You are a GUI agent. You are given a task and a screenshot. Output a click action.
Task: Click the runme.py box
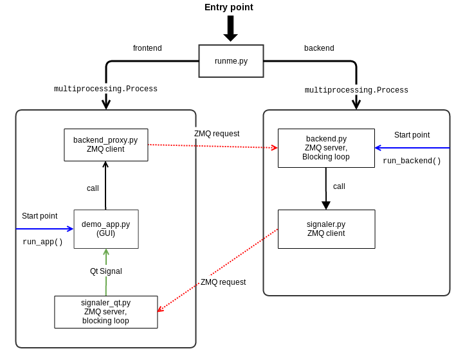[x=231, y=61]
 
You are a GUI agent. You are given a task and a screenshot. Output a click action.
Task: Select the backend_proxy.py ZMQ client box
[x=105, y=145]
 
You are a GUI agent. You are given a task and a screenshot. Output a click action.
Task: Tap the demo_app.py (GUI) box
[x=105, y=229]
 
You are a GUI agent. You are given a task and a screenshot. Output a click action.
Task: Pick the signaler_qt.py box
[x=105, y=312]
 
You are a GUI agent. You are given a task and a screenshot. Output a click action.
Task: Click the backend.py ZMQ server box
[x=326, y=148]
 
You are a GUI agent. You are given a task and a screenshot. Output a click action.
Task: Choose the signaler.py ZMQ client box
[x=326, y=229]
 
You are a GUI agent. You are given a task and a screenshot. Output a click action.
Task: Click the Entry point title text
[x=228, y=7]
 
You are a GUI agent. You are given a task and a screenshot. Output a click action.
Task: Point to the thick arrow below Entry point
[x=230, y=28]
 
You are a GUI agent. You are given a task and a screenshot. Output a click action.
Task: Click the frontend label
[x=147, y=48]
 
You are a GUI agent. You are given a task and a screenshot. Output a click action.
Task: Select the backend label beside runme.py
[x=319, y=48]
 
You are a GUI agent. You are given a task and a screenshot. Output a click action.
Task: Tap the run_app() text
[x=42, y=242]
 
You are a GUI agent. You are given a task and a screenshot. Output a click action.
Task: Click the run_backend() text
[x=412, y=161]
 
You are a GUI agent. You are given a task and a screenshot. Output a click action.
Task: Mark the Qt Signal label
[x=105, y=271]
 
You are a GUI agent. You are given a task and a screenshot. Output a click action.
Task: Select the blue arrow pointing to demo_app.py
[x=45, y=228]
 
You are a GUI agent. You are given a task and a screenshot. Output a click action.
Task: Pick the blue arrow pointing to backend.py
[x=412, y=148]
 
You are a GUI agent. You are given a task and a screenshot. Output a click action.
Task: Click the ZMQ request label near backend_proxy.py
[x=217, y=134]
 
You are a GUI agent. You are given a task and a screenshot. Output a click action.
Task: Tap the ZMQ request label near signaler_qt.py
[x=223, y=282]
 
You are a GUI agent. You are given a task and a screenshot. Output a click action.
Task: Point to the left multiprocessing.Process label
[x=105, y=89]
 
